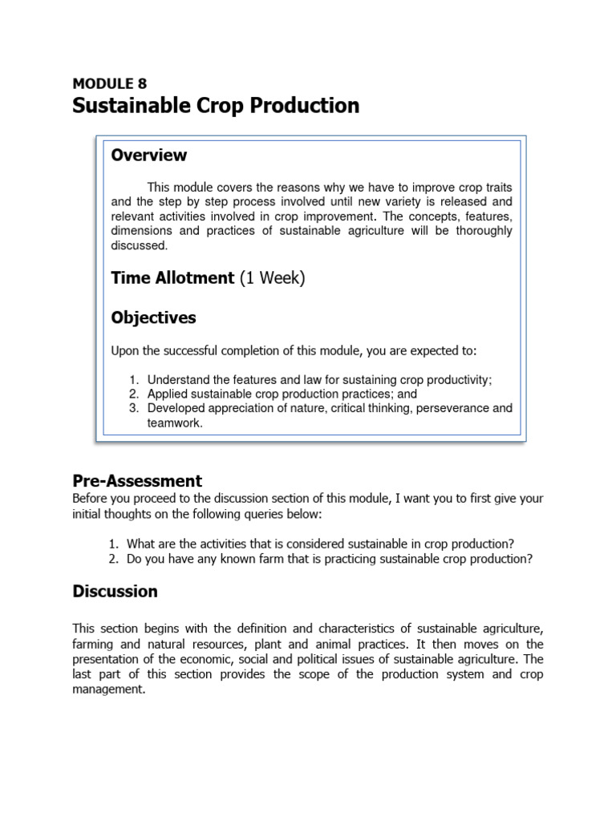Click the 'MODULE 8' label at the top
click(x=110, y=83)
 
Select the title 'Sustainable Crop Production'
click(x=216, y=106)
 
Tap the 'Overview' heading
click(x=149, y=156)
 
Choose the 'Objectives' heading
click(x=153, y=317)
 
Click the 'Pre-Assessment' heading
click(x=137, y=481)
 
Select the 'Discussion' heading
click(x=115, y=592)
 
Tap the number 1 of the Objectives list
click(x=133, y=379)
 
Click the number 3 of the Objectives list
click(x=133, y=408)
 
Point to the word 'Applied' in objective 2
click(x=167, y=394)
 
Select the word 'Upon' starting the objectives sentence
click(x=124, y=350)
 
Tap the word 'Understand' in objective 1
click(x=178, y=379)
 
